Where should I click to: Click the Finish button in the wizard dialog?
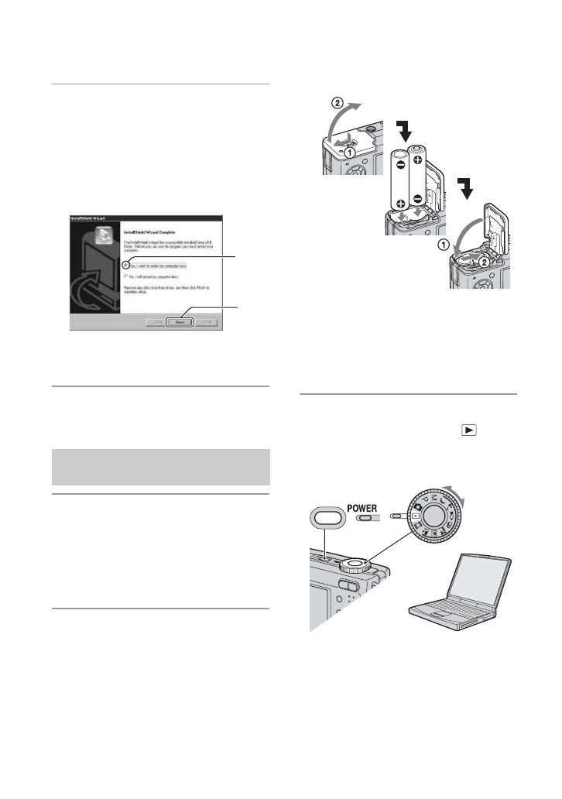coord(179,320)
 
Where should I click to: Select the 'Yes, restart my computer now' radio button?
coord(126,265)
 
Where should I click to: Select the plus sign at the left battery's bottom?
coord(401,204)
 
